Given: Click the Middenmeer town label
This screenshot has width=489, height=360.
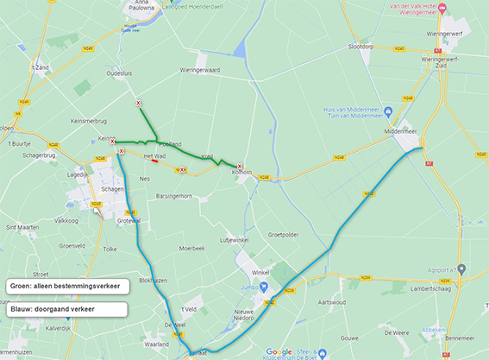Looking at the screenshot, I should [x=400, y=132].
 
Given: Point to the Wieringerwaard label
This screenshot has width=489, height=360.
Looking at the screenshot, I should [x=201, y=70].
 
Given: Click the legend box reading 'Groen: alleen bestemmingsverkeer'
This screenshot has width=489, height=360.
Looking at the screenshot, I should [x=66, y=285].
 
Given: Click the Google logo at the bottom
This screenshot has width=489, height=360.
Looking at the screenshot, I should [x=279, y=351].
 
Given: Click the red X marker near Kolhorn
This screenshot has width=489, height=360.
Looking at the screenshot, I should [x=240, y=167].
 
